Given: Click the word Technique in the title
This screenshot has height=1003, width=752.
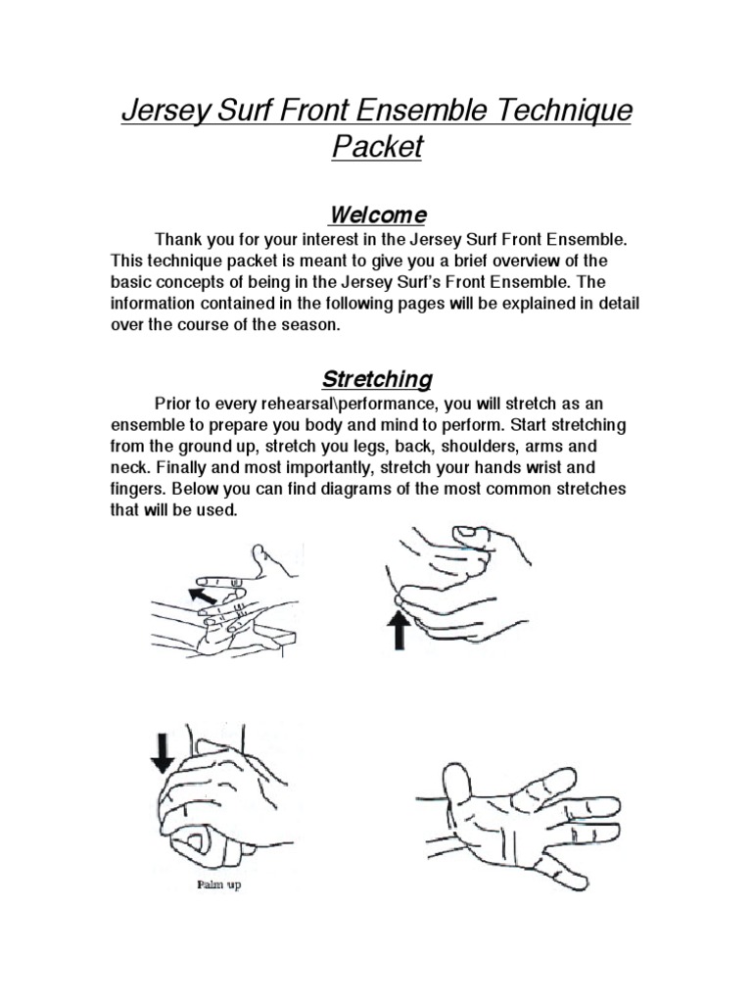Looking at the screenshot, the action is [563, 111].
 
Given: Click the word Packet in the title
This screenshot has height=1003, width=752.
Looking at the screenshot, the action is [377, 147].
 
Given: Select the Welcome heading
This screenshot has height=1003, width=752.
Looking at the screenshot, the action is [377, 215].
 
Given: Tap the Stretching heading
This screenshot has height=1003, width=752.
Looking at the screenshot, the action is [377, 379].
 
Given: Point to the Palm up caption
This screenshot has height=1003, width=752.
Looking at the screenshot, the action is [218, 885].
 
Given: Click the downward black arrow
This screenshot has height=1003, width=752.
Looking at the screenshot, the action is [163, 753].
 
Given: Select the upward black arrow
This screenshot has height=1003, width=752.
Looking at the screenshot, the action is [399, 630].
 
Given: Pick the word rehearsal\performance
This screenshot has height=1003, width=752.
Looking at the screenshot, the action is [350, 405].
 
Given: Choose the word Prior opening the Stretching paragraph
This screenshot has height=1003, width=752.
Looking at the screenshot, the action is [173, 405].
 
